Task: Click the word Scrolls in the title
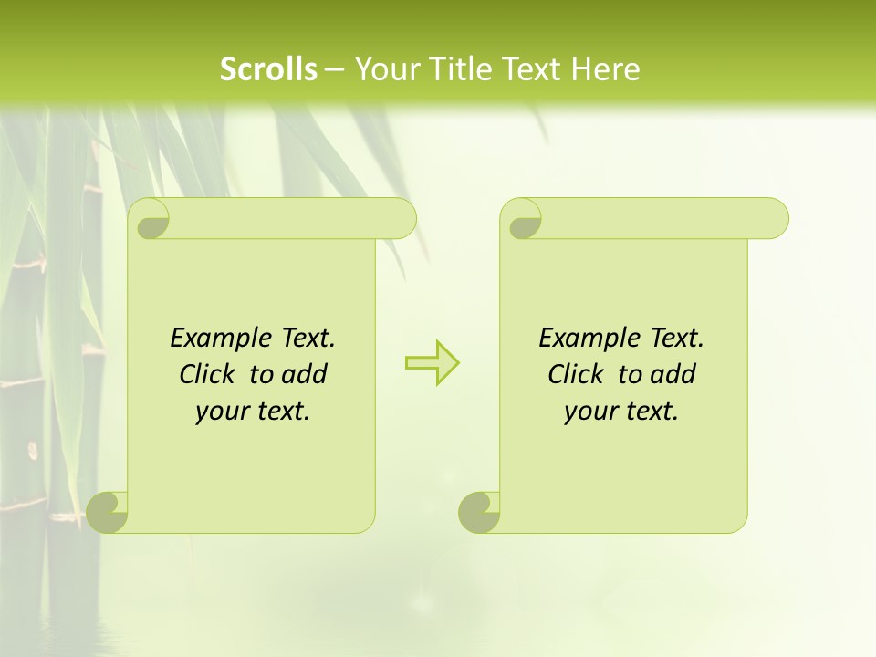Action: tap(268, 69)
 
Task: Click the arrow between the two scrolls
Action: tap(432, 363)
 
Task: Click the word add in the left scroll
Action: tap(306, 374)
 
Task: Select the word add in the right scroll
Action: tap(674, 374)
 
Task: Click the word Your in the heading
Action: tap(382, 69)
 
